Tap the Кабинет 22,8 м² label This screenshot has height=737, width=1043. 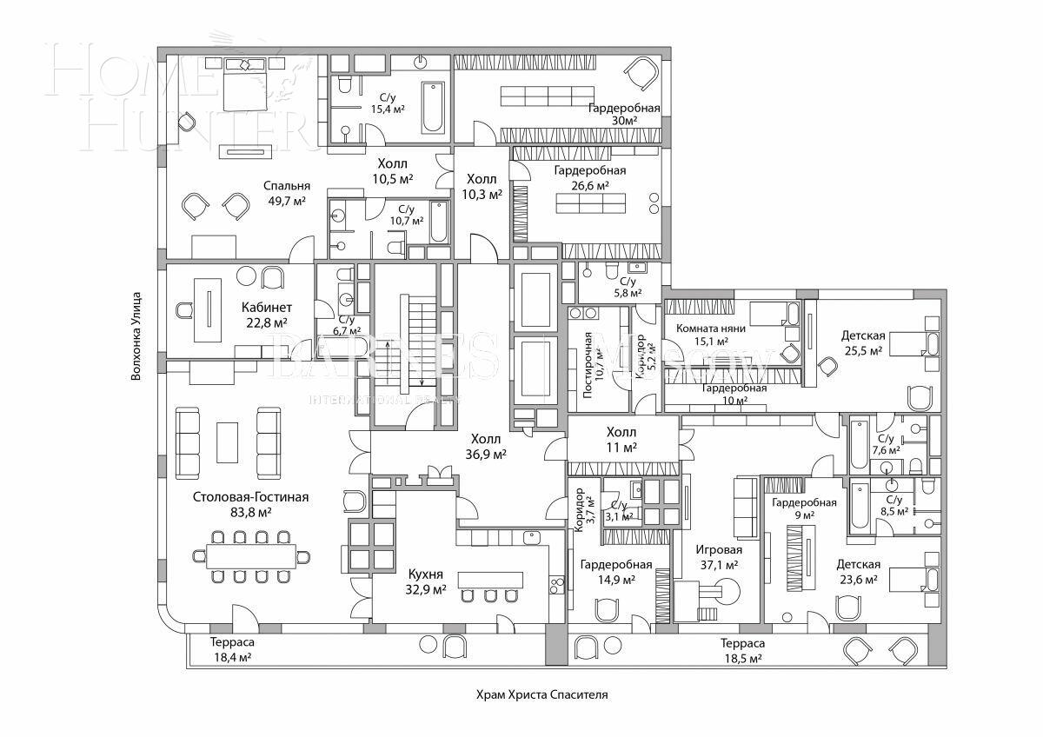tap(267, 315)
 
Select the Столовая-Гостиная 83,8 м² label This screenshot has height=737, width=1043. tap(250, 505)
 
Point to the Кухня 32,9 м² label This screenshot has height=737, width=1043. tap(426, 581)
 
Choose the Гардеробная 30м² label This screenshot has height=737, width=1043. tap(623, 115)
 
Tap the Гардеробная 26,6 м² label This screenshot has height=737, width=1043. tap(590, 178)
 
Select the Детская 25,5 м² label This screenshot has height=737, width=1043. tap(862, 342)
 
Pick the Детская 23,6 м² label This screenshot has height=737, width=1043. tap(858, 572)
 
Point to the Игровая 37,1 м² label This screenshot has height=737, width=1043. tap(718, 557)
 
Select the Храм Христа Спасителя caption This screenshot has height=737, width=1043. tap(541, 695)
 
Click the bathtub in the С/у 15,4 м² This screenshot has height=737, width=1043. tap(433, 107)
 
